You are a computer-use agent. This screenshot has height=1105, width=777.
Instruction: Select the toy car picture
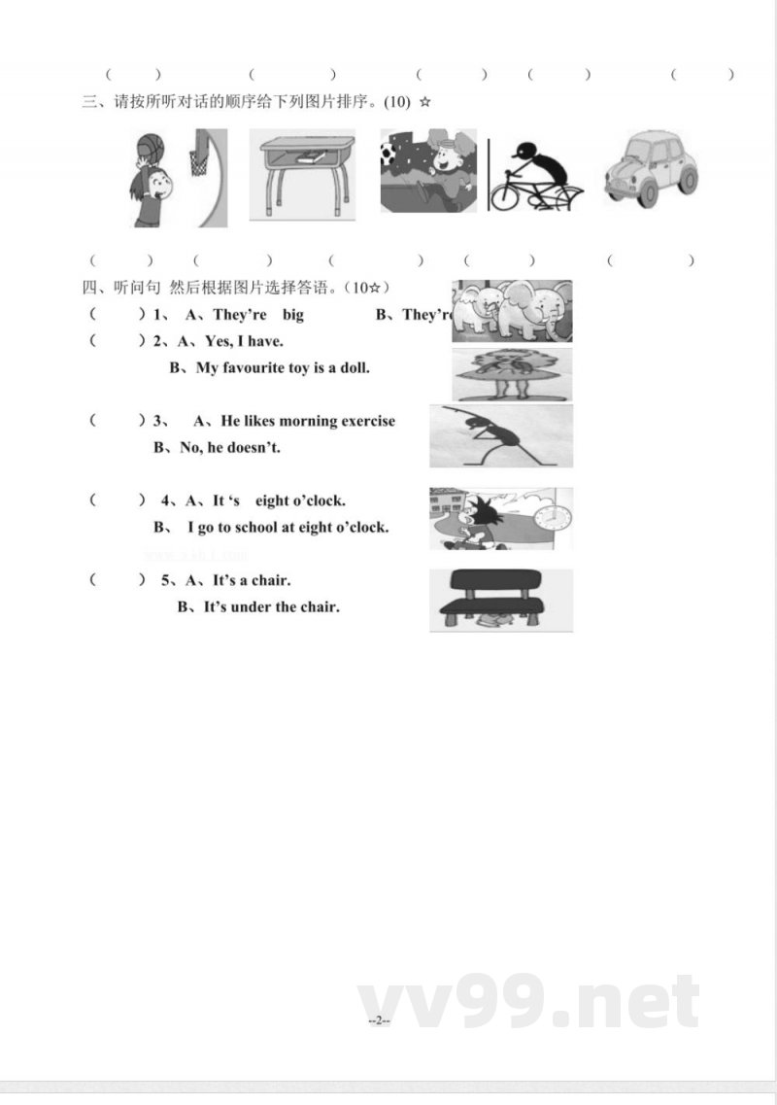click(652, 168)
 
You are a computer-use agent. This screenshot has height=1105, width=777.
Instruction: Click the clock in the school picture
click(553, 517)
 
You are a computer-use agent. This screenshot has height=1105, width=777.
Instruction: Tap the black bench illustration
click(500, 598)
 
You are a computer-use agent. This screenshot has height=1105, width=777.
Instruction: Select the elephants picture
click(512, 311)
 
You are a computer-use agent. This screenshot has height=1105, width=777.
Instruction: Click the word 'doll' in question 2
click(354, 367)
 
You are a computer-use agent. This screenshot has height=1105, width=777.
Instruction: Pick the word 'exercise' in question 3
click(364, 421)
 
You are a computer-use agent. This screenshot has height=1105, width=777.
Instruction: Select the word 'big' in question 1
click(292, 314)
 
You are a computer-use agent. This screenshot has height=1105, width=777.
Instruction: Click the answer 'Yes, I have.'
click(244, 341)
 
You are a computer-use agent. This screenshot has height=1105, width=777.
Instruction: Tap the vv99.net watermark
click(528, 1001)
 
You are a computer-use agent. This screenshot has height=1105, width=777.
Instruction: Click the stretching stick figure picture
click(501, 435)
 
